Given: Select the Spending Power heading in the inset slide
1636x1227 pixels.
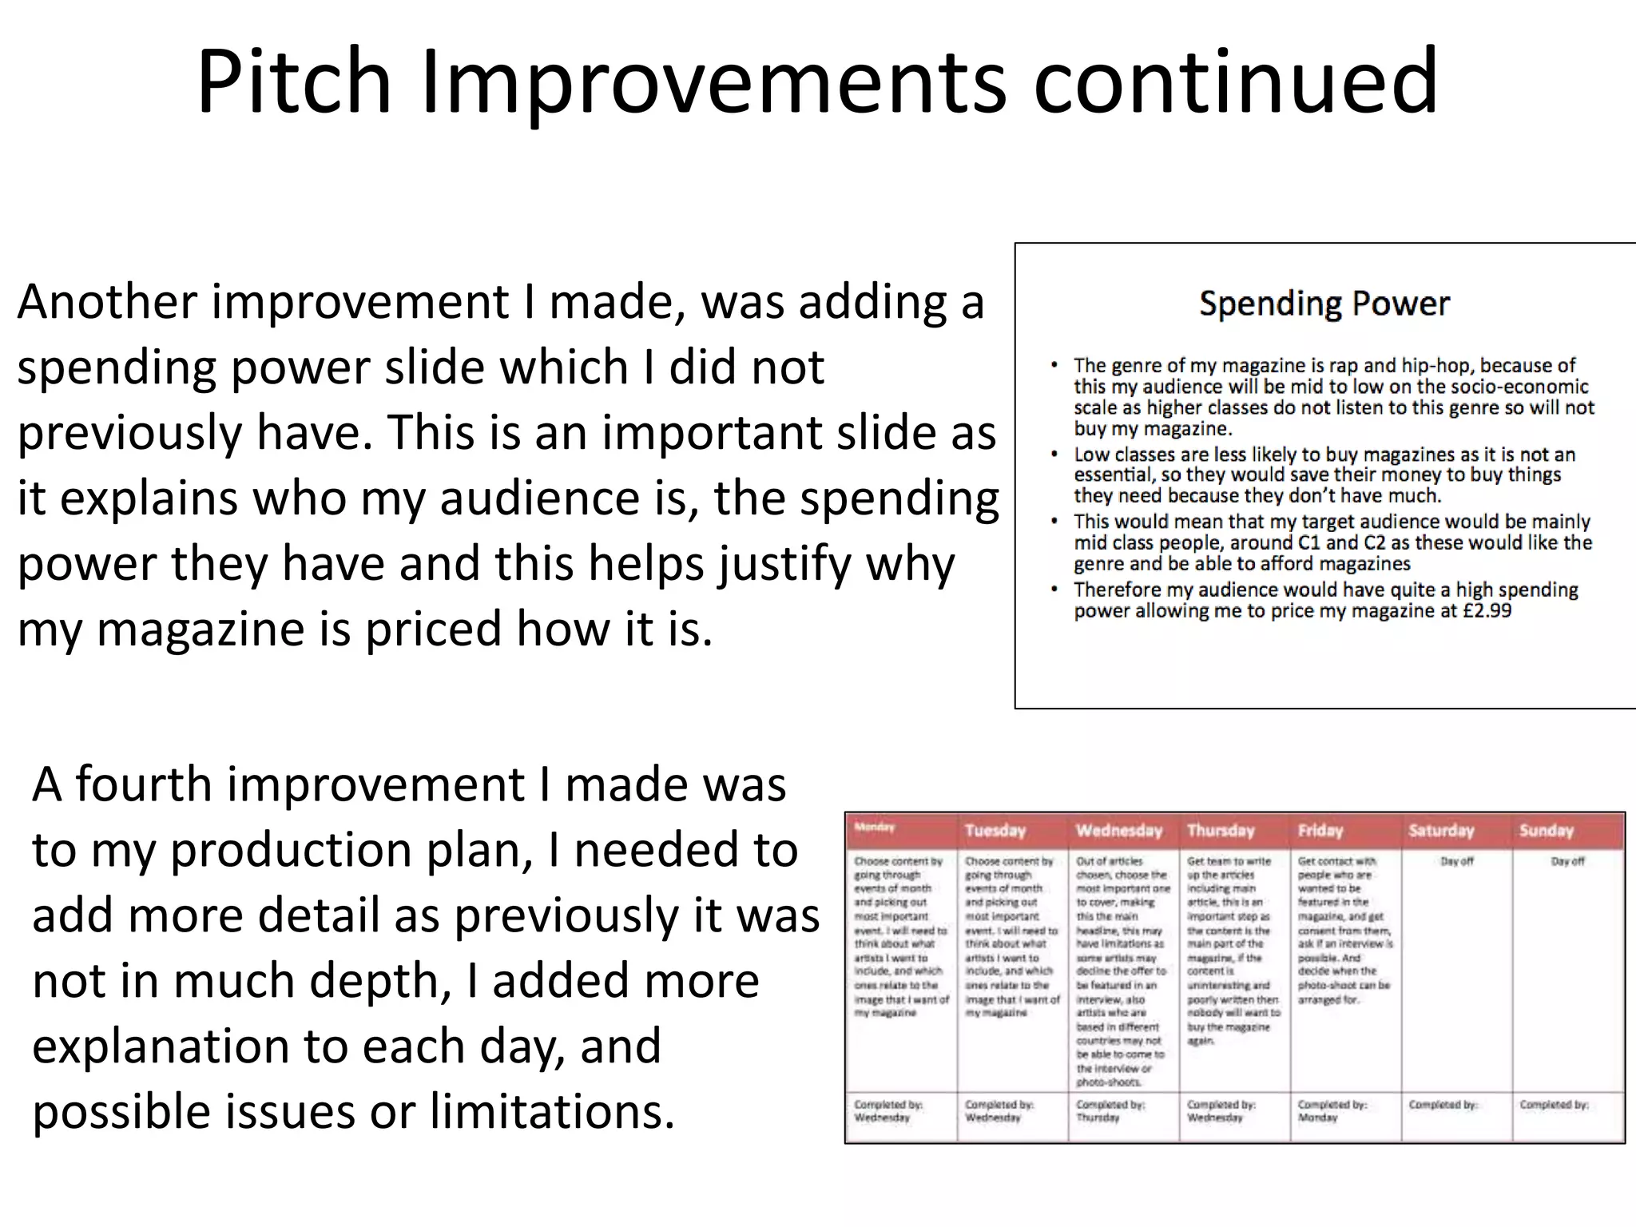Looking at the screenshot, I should (1324, 304).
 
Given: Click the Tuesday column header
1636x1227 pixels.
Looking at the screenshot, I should (995, 831).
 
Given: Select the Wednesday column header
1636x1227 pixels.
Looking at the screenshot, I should (1118, 831).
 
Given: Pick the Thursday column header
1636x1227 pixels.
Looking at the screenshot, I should (1221, 831).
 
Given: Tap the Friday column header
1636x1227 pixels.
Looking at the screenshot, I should (1320, 831).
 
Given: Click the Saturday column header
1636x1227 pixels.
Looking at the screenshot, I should (1441, 831).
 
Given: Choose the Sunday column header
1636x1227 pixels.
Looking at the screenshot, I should (1546, 831).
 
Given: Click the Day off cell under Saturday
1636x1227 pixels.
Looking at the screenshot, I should (1456, 862).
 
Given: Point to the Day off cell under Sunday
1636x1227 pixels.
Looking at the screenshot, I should (1567, 862).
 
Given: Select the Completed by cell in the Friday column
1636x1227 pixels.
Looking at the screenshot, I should (1332, 1111).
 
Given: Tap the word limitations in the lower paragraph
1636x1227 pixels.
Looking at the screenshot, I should (552, 1111).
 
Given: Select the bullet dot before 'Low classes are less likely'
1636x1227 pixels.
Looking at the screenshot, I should (1054, 455).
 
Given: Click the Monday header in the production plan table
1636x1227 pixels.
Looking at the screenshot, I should (874, 828).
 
